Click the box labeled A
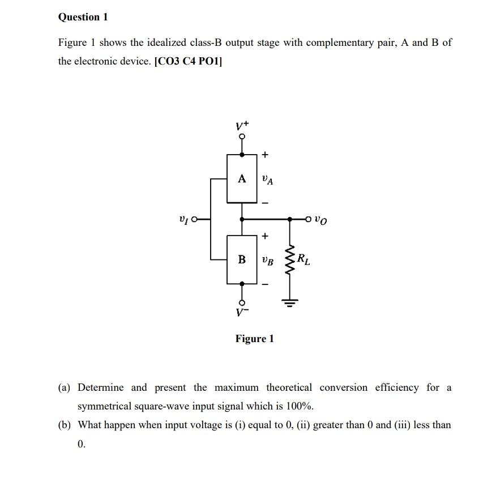tap(242, 178)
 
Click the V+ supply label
tap(243, 125)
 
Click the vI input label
tap(183, 218)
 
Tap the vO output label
tap(321, 219)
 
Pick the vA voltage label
tap(268, 180)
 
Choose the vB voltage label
tap(268, 261)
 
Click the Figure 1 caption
tap(254, 339)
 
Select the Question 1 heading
tap(83, 17)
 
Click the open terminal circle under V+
tap(242, 137)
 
